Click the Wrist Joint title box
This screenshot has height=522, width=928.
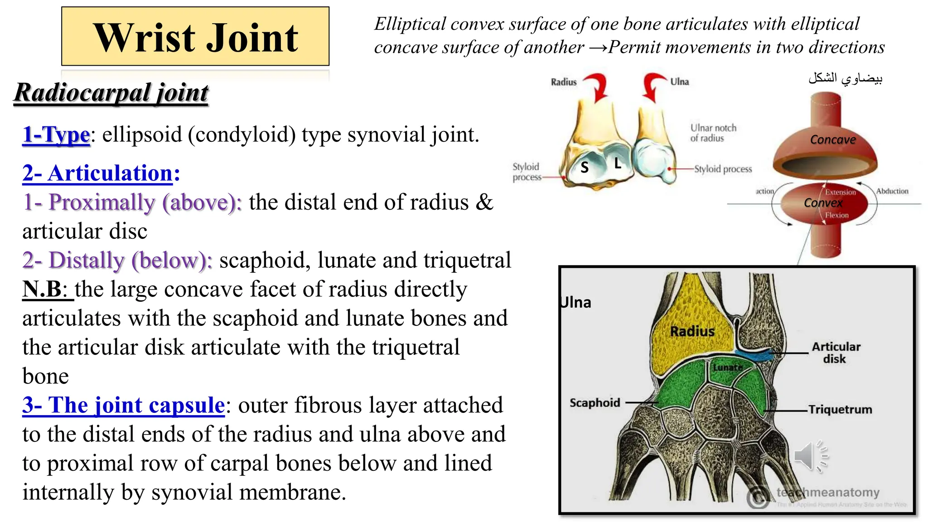tap(195, 37)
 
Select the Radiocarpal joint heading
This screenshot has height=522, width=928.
tap(111, 93)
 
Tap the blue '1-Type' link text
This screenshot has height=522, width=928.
tap(56, 135)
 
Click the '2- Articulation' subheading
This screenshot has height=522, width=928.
tap(101, 174)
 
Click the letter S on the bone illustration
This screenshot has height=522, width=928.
tap(585, 168)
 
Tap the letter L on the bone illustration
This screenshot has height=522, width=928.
tap(618, 163)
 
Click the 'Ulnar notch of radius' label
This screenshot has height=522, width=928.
tap(713, 133)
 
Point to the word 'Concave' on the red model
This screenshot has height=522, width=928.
tap(833, 140)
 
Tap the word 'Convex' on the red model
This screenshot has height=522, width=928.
tap(823, 203)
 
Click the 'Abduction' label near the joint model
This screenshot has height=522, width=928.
tap(892, 191)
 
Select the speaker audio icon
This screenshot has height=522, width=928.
tap(811, 456)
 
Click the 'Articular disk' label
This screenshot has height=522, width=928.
tap(836, 353)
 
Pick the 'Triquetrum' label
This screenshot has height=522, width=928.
tap(840, 410)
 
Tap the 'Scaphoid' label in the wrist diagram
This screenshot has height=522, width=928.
tap(594, 402)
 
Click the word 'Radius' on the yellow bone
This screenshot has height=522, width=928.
tap(692, 331)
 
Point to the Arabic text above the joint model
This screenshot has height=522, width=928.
tap(846, 79)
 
